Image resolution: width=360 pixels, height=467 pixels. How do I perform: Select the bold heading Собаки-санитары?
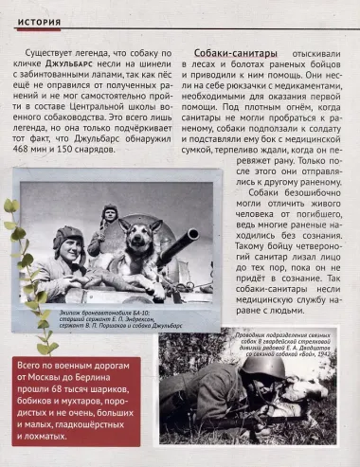pos(225,55)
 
